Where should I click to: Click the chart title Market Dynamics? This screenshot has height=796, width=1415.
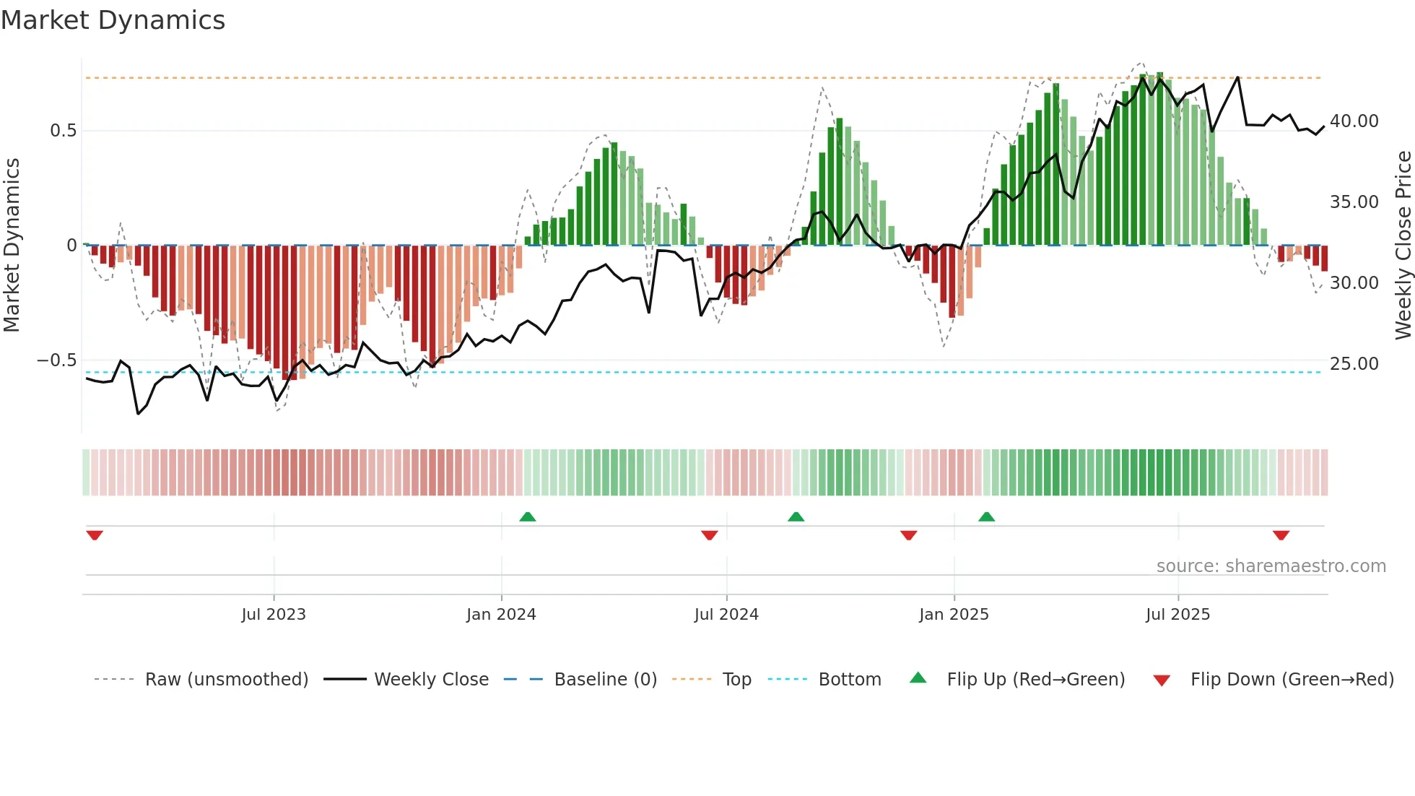click(x=113, y=20)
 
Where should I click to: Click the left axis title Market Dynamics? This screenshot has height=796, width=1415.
click(x=12, y=245)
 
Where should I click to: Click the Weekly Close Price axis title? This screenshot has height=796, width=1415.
click(x=1403, y=245)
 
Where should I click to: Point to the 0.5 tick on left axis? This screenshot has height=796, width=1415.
click(x=63, y=131)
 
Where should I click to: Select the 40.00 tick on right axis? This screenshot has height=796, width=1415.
click(x=1354, y=121)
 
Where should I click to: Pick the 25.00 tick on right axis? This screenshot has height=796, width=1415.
click(x=1354, y=364)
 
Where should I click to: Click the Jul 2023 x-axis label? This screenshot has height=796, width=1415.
click(x=274, y=615)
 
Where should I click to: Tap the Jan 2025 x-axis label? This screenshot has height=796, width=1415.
click(x=954, y=615)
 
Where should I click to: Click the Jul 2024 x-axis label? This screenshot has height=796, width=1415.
click(x=726, y=615)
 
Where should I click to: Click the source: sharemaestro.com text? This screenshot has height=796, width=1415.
click(x=1271, y=566)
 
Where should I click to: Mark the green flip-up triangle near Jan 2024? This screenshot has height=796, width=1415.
click(x=528, y=516)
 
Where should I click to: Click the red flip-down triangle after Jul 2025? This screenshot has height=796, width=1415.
click(x=1281, y=535)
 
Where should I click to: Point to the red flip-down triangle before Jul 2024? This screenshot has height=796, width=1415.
click(x=709, y=535)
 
